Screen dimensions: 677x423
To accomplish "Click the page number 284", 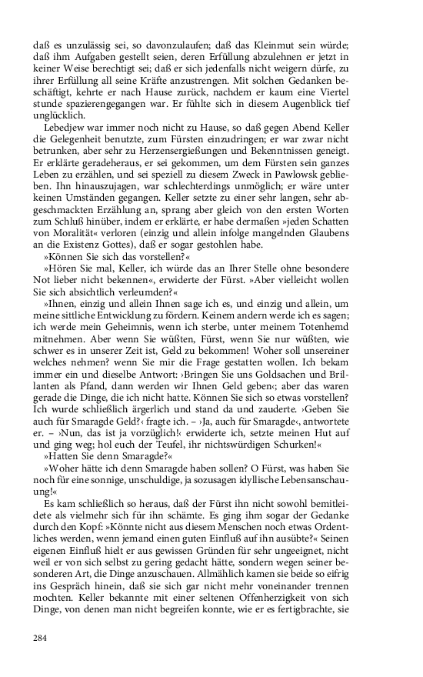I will point(41,637).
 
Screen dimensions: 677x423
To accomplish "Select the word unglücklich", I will point(60,115).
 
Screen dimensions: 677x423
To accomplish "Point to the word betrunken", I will point(59,152).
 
